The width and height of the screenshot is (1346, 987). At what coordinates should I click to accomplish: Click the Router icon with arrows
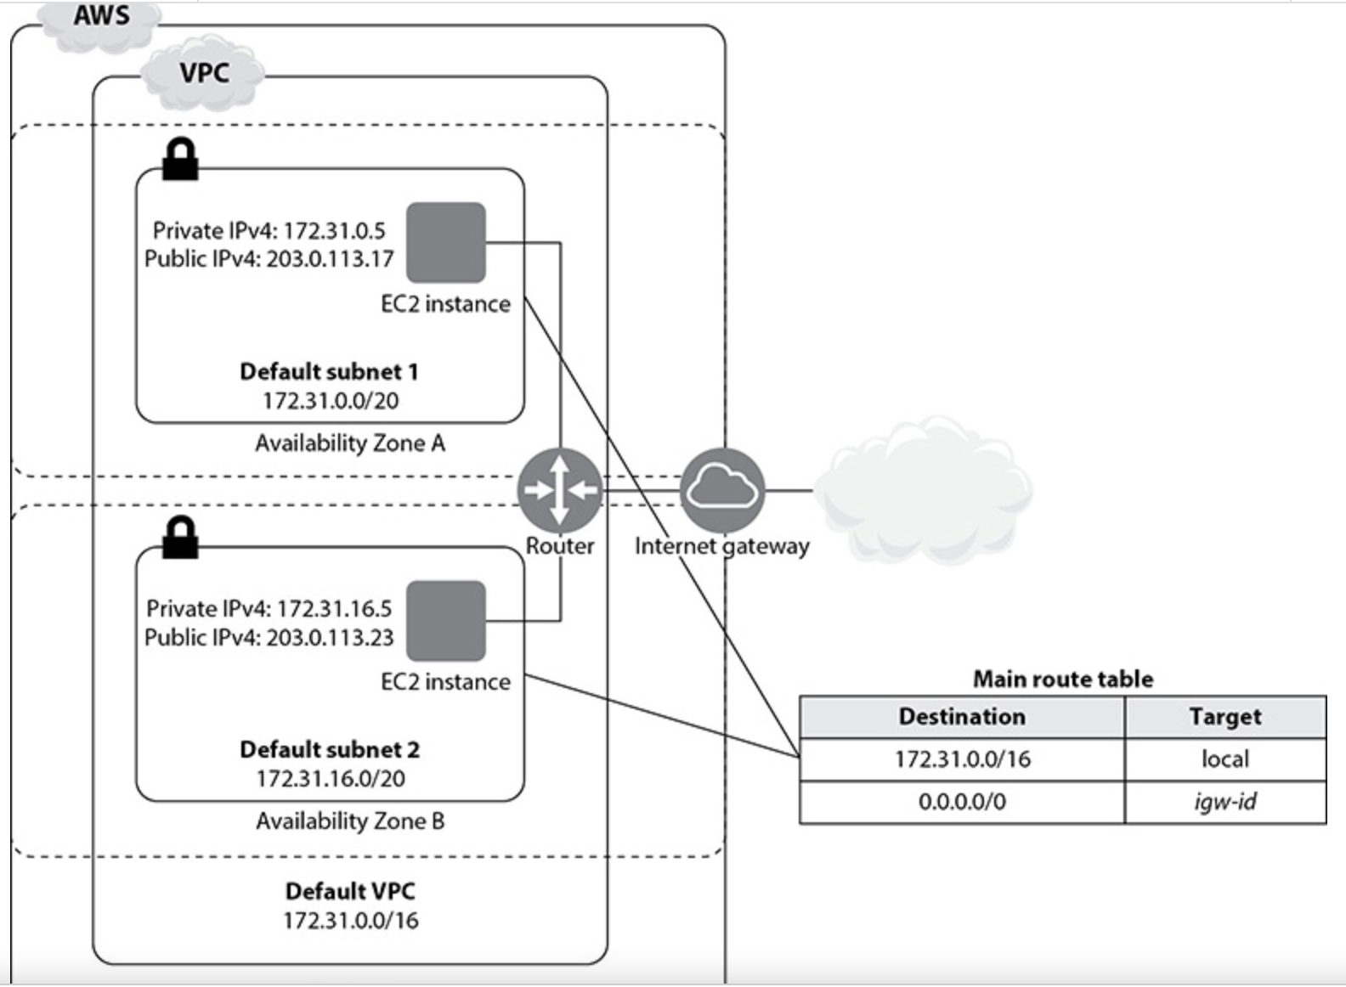click(x=559, y=490)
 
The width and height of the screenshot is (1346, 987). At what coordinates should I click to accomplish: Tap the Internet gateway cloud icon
click(x=722, y=490)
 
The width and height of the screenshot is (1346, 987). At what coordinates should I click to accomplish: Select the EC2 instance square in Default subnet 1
click(x=446, y=242)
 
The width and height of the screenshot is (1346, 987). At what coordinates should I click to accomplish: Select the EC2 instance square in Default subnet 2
click(x=446, y=621)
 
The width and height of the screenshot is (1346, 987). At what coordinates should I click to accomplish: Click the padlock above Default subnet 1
click(x=180, y=160)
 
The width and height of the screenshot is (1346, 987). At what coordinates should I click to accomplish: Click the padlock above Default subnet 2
click(x=180, y=538)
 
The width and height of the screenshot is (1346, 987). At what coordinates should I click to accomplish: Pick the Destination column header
click(x=962, y=717)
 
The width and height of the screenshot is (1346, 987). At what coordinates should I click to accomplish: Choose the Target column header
click(x=1224, y=717)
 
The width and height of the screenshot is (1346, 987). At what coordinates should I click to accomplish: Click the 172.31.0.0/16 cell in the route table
click(x=962, y=759)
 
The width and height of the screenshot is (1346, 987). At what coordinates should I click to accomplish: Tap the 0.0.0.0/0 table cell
click(x=962, y=802)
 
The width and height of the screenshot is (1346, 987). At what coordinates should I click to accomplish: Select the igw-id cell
click(x=1224, y=802)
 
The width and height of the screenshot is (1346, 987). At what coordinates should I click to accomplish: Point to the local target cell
click(x=1224, y=759)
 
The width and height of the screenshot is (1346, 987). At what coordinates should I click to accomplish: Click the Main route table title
click(x=1062, y=679)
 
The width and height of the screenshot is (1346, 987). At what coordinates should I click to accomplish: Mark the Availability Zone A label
click(x=350, y=443)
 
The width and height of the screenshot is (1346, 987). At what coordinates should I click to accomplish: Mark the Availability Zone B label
click(x=350, y=821)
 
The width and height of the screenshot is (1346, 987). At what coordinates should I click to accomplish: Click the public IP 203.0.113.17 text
click(x=330, y=258)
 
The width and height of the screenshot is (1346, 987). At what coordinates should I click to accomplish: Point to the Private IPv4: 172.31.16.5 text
click(x=269, y=608)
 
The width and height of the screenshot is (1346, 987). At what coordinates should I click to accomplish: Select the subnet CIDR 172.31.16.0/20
click(x=331, y=778)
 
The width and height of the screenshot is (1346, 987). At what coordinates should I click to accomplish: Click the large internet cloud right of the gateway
click(x=923, y=491)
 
